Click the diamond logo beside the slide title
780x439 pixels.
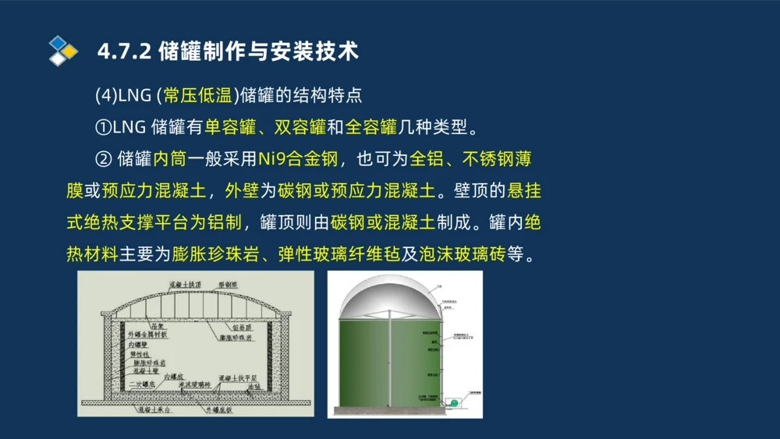(x=63, y=51)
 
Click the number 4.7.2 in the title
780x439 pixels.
(x=124, y=52)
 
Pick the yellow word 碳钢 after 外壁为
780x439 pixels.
(x=293, y=190)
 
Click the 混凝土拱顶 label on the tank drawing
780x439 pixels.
(x=190, y=285)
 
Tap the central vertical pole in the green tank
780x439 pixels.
(x=388, y=359)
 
